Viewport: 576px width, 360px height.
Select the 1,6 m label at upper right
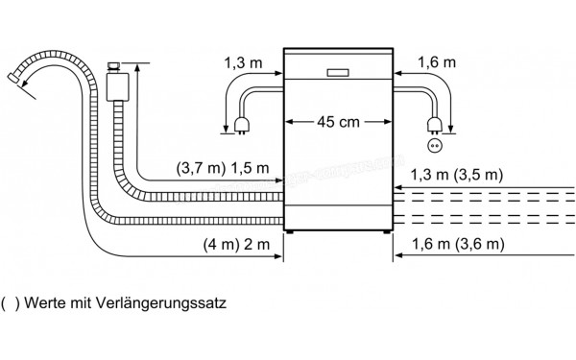click(439, 61)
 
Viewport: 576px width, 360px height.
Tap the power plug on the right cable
click(435, 121)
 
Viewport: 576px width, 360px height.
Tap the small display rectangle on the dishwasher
click(337, 71)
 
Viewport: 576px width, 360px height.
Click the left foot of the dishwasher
click(288, 230)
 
